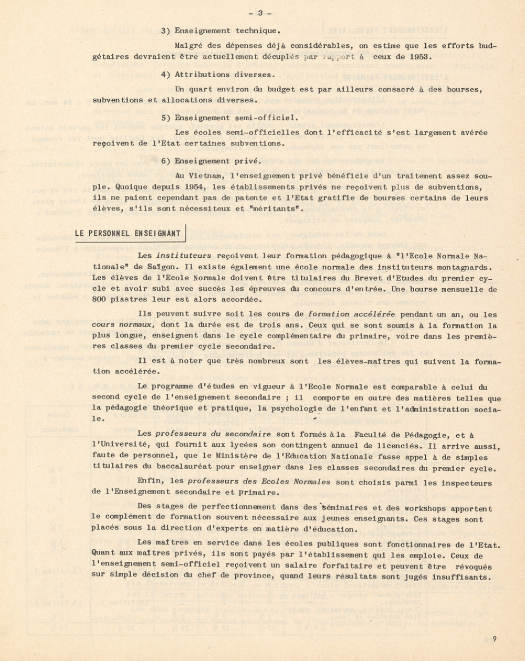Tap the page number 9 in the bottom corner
point(495,639)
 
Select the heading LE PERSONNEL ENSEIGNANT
point(128,234)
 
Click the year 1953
point(422,57)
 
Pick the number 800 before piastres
point(99,300)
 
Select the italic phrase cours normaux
point(122,326)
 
